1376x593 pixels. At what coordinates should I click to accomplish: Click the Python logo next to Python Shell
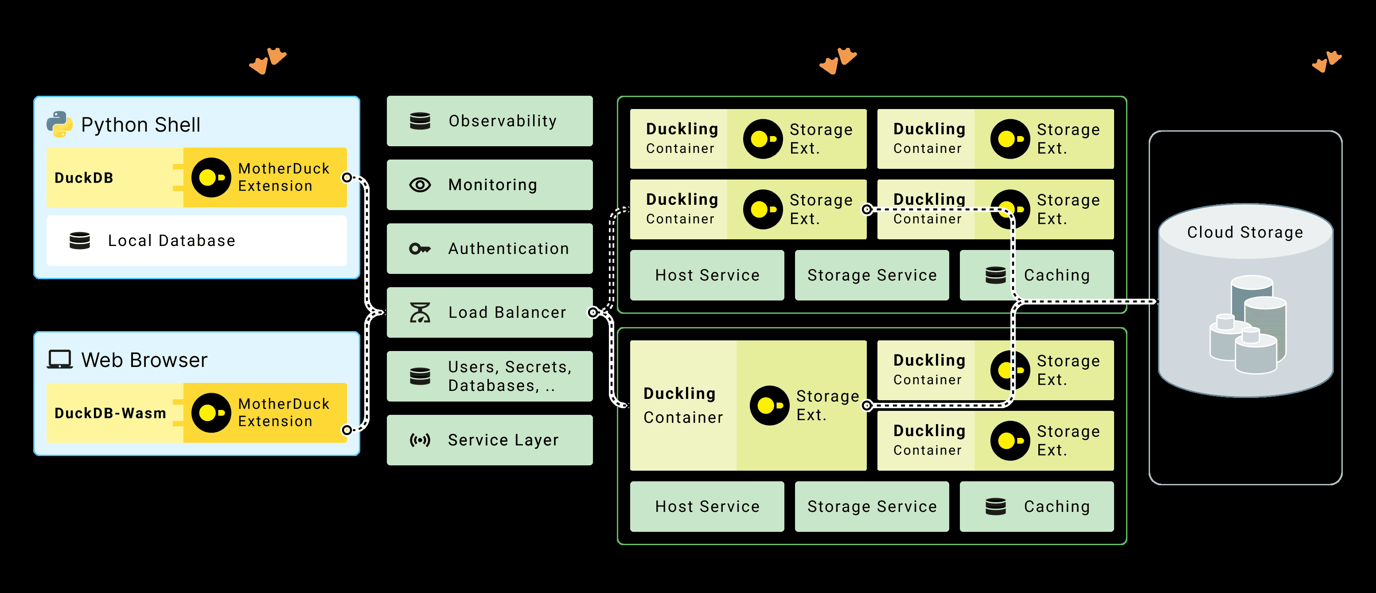point(59,125)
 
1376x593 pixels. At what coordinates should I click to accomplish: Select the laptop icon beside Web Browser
point(59,359)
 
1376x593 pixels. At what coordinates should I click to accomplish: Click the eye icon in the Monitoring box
point(420,185)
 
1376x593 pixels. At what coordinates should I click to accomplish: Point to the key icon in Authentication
point(420,249)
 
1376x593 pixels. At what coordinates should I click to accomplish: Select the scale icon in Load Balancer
point(420,312)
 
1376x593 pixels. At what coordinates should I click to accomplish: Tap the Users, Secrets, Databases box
point(489,376)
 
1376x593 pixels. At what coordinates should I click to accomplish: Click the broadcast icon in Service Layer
point(420,440)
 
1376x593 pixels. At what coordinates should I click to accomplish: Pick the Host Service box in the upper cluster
point(707,275)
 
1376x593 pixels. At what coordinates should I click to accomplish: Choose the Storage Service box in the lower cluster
point(872,507)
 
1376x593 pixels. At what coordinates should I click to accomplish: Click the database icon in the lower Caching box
point(995,507)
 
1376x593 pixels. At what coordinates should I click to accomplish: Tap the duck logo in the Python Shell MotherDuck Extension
point(211,177)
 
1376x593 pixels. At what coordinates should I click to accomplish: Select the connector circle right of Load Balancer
point(592,312)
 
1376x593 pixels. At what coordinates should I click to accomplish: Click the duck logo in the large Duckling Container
point(769,406)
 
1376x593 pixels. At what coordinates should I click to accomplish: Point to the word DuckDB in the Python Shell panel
point(84,178)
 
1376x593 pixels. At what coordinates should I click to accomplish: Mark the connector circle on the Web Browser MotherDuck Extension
point(347,429)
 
